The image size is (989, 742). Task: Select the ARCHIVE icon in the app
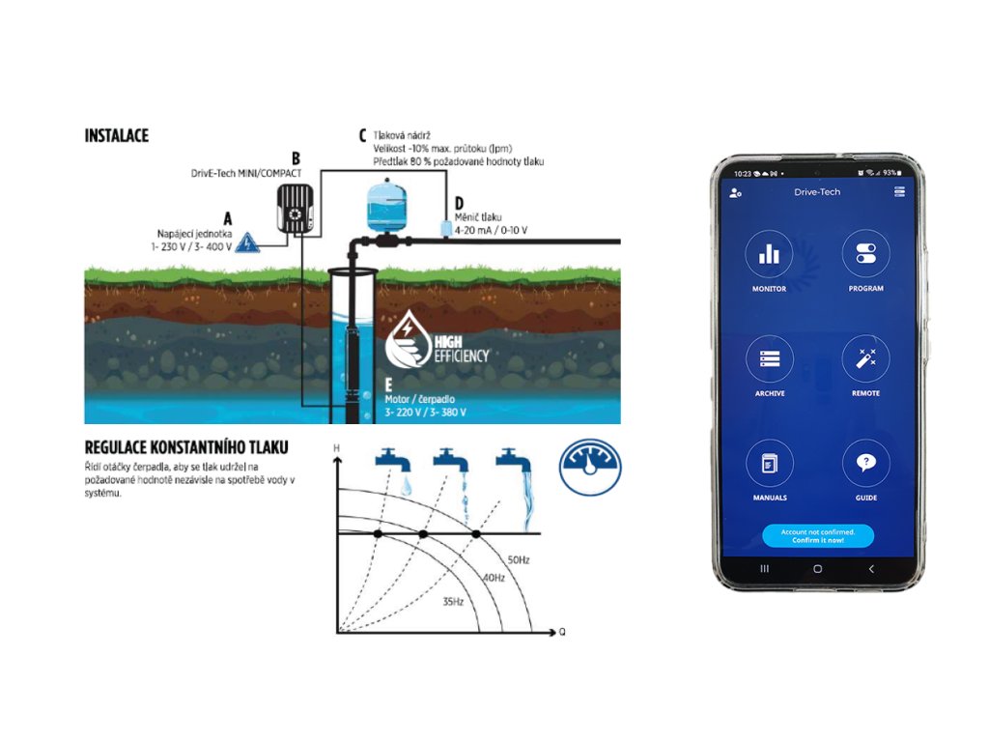[x=770, y=358]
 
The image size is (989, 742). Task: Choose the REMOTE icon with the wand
[x=865, y=358]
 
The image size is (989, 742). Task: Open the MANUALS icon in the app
[x=770, y=463]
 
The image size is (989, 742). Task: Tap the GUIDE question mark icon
[x=865, y=463]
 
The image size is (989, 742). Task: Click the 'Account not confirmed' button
[x=817, y=536]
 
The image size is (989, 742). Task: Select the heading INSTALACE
[x=116, y=136]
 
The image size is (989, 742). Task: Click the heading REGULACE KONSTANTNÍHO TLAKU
[x=186, y=448]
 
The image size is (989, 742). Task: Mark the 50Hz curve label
[x=519, y=559]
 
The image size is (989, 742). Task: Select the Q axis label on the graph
[x=561, y=633]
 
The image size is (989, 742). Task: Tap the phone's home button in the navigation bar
[x=817, y=569]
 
